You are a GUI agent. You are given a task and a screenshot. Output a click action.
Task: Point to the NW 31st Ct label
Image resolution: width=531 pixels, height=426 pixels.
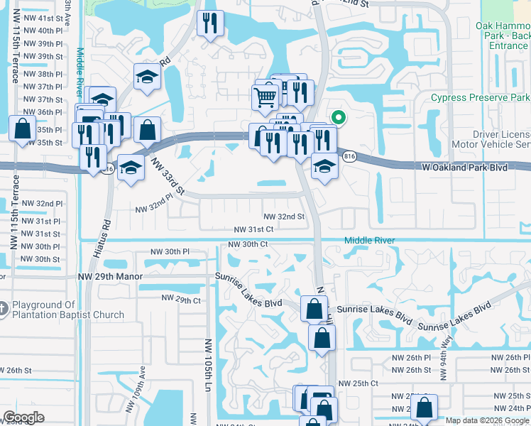(x=254, y=229)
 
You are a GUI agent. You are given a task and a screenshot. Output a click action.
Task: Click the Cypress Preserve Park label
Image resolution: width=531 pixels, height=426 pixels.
(x=481, y=97)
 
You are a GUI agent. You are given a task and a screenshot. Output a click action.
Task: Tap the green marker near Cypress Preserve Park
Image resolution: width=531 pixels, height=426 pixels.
(x=339, y=118)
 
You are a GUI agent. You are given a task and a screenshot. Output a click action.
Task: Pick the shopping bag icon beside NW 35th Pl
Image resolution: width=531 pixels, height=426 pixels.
(x=22, y=129)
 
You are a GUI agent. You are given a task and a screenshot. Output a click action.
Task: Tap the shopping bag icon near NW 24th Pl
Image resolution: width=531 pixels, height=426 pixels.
(x=424, y=408)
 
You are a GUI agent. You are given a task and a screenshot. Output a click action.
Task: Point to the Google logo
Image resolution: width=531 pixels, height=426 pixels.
(x=23, y=417)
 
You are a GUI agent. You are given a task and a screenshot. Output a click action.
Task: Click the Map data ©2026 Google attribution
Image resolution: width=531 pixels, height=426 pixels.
(x=487, y=420)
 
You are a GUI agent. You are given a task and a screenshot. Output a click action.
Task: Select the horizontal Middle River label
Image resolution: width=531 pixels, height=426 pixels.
(x=369, y=241)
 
